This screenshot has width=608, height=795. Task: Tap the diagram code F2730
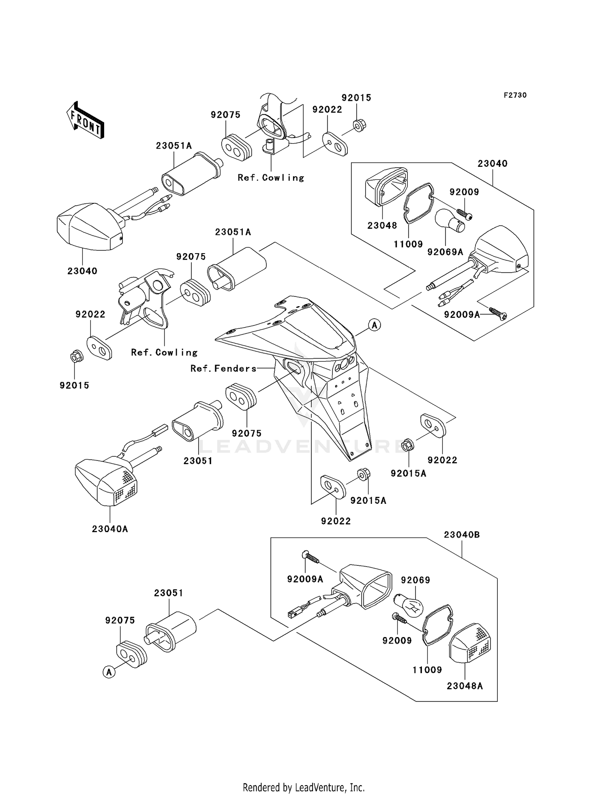pyautogui.click(x=515, y=95)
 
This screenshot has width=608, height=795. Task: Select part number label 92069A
pyautogui.click(x=445, y=252)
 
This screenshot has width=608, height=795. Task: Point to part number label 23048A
pyautogui.click(x=465, y=686)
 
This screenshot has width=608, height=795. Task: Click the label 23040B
pyautogui.click(x=462, y=535)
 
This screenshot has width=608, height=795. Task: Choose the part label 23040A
pyautogui.click(x=110, y=529)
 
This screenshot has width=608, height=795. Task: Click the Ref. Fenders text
pyautogui.click(x=224, y=369)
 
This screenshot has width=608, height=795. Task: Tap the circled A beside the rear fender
pyautogui.click(x=375, y=324)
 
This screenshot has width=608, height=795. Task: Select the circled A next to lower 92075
pyautogui.click(x=109, y=672)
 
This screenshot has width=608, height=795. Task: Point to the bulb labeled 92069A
pyautogui.click(x=450, y=222)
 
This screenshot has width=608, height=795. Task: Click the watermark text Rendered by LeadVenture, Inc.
pyautogui.click(x=304, y=787)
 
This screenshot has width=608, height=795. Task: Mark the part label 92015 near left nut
pyautogui.click(x=74, y=386)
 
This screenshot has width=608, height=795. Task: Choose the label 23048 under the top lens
pyautogui.click(x=382, y=226)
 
